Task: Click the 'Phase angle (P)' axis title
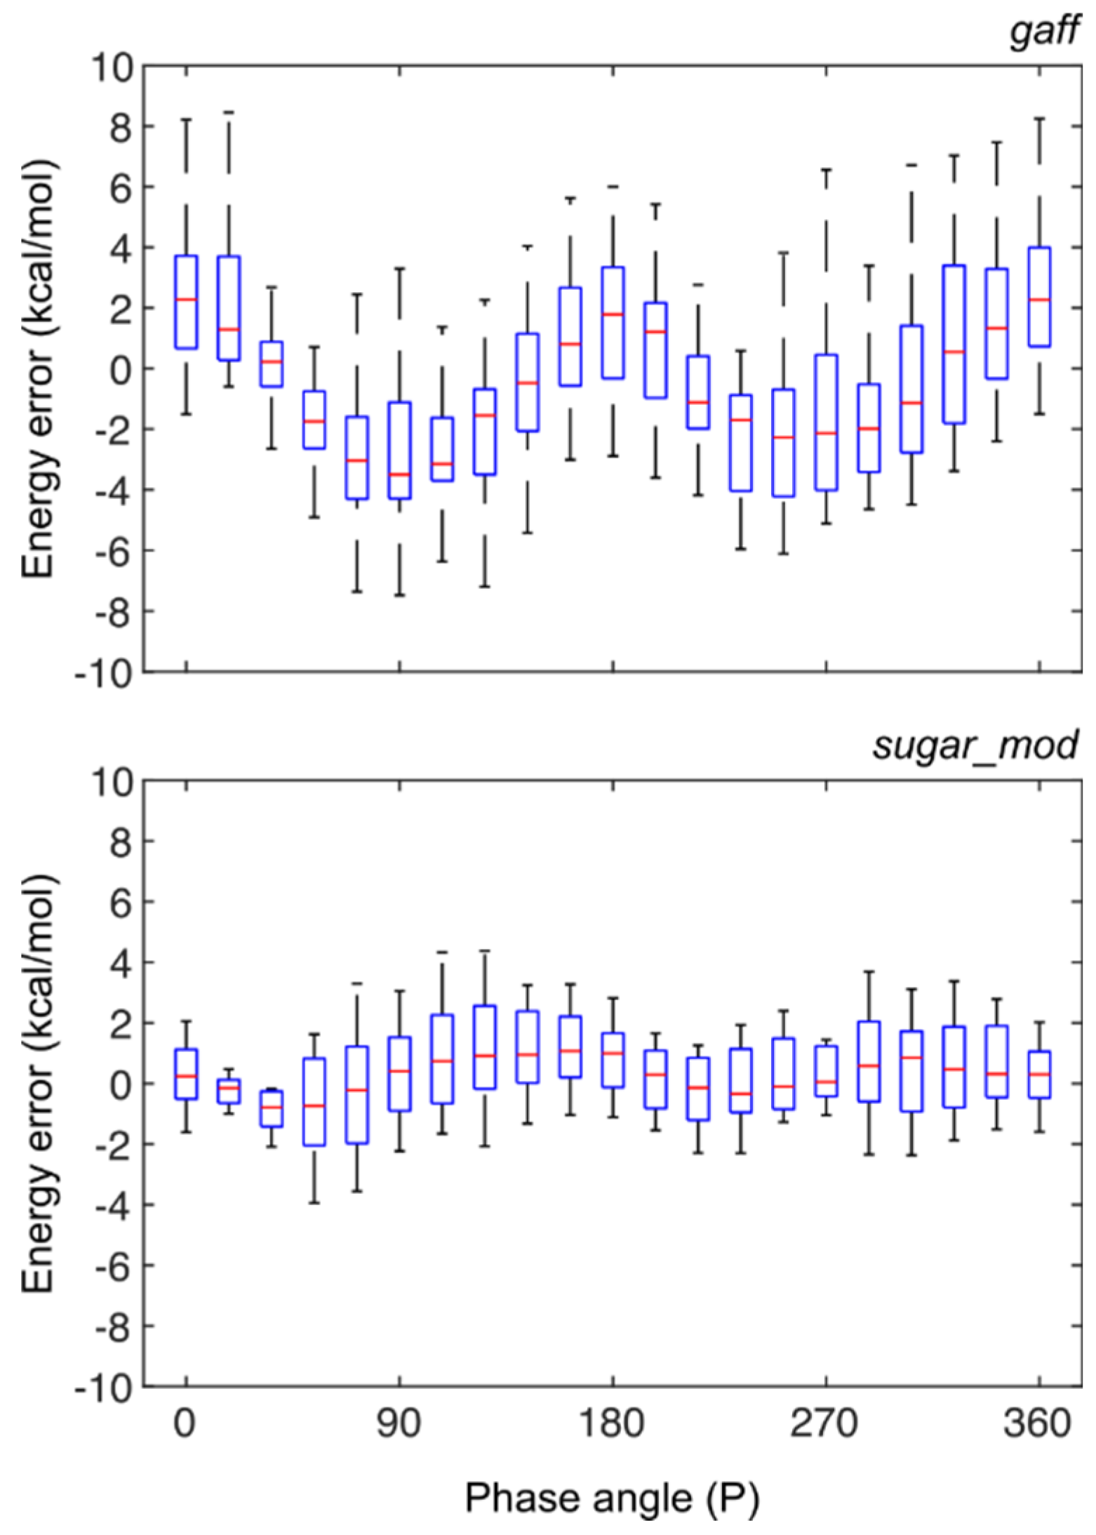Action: tap(612, 1497)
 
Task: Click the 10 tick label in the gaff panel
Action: tap(112, 67)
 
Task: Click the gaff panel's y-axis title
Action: tap(39, 368)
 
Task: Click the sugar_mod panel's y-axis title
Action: tap(39, 1082)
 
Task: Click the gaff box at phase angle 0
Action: tap(186, 302)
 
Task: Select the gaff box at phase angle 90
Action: tap(399, 450)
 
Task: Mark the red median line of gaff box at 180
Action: tap(613, 314)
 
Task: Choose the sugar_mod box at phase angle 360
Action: tap(1039, 1074)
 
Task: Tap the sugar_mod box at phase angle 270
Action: tap(826, 1071)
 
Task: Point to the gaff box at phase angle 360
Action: tap(1039, 296)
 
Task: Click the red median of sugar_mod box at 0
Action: tap(186, 1077)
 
